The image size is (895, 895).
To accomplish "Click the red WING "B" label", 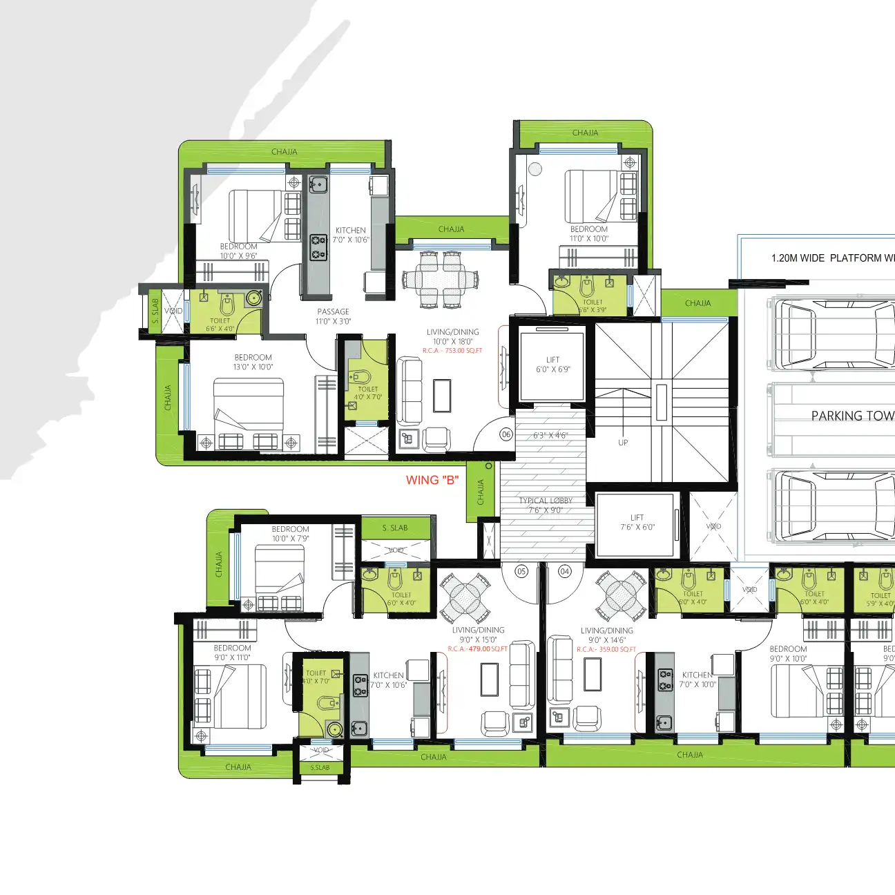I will point(432,481).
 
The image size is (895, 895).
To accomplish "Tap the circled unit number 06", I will point(506,434).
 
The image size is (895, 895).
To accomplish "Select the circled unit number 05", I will point(521,571).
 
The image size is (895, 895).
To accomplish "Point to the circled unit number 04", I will point(565,571).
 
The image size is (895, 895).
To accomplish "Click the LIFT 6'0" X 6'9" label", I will point(553,365).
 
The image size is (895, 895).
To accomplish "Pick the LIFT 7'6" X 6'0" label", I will point(637,522).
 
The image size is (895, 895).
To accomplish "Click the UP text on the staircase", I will point(623,443).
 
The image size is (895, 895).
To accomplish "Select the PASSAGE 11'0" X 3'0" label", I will point(333,316).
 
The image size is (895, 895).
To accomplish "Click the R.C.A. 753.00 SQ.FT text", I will point(452,351).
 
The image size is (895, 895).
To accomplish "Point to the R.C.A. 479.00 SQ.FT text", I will point(477,649).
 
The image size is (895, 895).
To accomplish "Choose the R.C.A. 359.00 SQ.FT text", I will point(606,650).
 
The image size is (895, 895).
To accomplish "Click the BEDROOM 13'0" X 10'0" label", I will point(253,363).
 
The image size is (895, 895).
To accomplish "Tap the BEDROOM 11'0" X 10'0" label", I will point(589,233).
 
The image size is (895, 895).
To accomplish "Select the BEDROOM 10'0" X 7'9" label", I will point(290,534).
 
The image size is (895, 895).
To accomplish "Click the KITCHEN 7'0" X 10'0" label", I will point(697,680).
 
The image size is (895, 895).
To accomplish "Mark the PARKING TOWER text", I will point(852,416).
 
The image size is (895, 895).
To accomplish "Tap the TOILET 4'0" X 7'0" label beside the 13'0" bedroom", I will point(368,393).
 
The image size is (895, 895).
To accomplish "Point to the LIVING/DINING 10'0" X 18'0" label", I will point(453,336).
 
